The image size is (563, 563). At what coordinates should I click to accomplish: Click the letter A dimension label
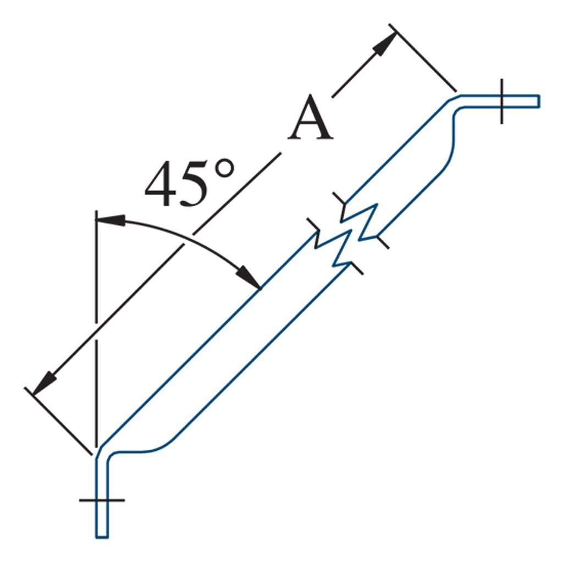click(x=311, y=118)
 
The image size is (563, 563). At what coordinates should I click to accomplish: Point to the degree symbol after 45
click(x=224, y=168)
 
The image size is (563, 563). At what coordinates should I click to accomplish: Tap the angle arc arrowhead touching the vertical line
click(x=111, y=220)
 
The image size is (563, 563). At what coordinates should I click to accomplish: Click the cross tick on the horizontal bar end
click(x=501, y=101)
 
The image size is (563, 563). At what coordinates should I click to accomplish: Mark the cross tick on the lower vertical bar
click(x=102, y=500)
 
